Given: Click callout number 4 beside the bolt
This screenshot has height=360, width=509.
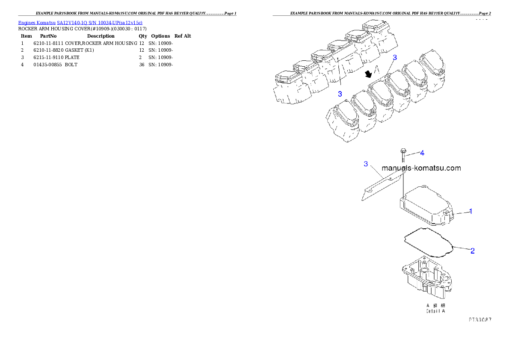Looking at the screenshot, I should click(422, 153).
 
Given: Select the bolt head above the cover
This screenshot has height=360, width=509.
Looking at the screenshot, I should click(402, 151).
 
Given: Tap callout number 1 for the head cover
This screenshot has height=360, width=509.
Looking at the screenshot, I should click(471, 211).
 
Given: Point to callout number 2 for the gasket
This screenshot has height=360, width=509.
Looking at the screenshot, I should click(472, 251).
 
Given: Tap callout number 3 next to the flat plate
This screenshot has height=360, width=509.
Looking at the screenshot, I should click(366, 164).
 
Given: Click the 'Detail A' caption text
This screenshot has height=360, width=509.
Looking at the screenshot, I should click(435, 311).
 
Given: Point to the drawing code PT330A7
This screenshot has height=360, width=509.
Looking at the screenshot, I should click(479, 319).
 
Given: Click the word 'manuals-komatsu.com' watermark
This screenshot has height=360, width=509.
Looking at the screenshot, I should click(421, 168).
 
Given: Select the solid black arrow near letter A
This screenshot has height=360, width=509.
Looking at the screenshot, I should click(367, 74).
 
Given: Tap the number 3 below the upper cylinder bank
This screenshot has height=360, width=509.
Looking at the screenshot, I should click(340, 94).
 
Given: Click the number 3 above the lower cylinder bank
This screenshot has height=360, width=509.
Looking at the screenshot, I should click(395, 57).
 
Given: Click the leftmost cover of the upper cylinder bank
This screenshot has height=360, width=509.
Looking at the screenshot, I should click(286, 79).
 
